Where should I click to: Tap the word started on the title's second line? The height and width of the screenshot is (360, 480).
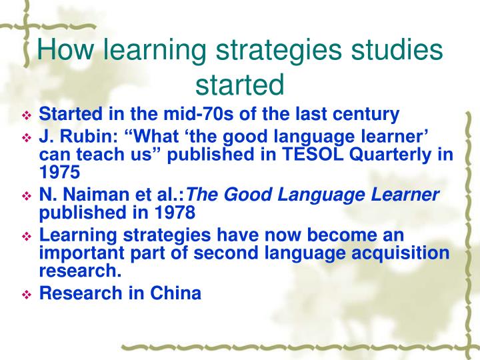click(x=240, y=85)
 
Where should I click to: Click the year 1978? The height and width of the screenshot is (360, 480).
click(x=174, y=213)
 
